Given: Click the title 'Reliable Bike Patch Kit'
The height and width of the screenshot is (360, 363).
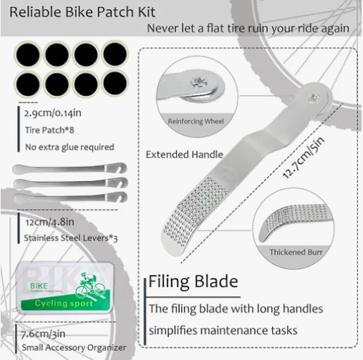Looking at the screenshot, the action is [x=82, y=12].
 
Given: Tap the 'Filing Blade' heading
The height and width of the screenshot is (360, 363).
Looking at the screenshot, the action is [x=193, y=281].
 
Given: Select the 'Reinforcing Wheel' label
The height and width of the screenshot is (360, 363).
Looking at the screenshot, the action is [x=195, y=121].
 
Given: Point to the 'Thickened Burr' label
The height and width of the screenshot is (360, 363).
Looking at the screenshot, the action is [x=296, y=252].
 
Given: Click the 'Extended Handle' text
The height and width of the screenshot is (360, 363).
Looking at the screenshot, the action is [x=185, y=155].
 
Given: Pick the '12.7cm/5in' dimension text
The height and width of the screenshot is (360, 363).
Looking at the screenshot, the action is [x=303, y=157].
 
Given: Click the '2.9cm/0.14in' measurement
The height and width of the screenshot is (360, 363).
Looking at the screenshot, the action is [x=53, y=113].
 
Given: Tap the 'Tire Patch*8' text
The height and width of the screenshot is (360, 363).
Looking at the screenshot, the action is [x=49, y=130].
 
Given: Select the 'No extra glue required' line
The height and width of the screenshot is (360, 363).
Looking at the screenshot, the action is [x=69, y=147].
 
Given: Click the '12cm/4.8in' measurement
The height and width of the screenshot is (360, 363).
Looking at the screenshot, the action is [x=49, y=222].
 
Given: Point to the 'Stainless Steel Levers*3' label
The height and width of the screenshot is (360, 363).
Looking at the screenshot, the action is [x=71, y=238].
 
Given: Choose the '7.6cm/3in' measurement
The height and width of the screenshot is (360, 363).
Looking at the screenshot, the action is [x=43, y=334].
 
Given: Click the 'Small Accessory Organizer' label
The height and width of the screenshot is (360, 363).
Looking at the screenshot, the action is [x=74, y=348].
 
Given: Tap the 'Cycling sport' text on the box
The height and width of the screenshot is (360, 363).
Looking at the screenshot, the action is [x=64, y=303].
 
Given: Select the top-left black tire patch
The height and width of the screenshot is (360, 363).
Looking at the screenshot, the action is [x=28, y=55].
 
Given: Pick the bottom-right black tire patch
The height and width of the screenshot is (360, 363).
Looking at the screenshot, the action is [x=115, y=84].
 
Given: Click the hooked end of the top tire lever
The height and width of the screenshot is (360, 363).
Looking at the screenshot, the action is [x=120, y=167].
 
